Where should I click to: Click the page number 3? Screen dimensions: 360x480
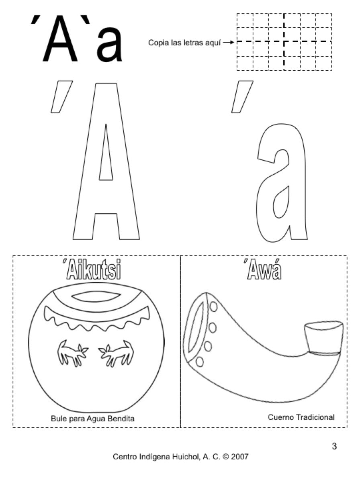334,446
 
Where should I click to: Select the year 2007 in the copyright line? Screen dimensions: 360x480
240,457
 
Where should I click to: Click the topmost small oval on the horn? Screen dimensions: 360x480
213,307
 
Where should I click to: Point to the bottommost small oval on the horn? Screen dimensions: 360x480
200,362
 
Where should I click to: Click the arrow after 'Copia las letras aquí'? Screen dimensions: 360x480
229,43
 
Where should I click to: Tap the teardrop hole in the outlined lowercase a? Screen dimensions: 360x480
281,202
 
